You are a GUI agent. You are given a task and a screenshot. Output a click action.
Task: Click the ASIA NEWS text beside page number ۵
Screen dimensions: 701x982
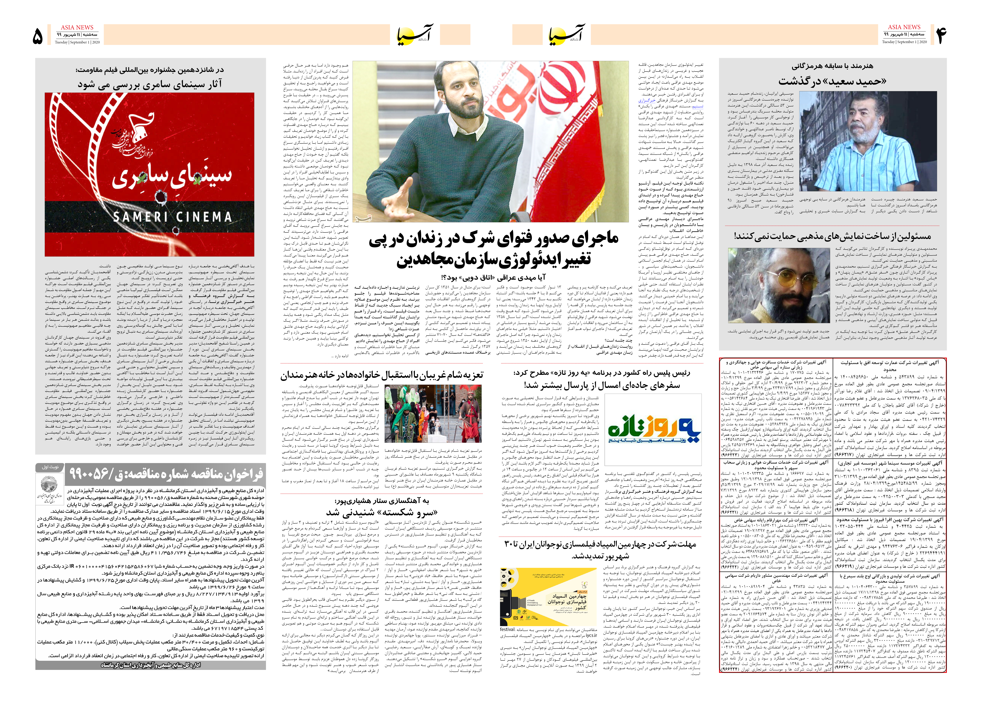pos(77,27)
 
